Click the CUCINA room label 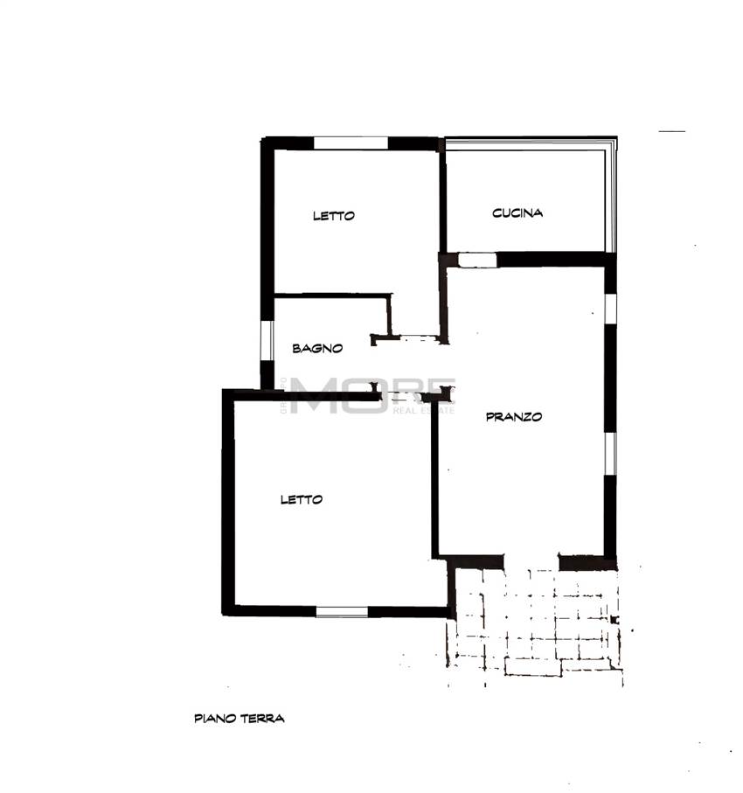tap(517, 212)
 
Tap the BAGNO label tap(317, 348)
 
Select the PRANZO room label tap(514, 417)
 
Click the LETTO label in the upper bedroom tap(334, 216)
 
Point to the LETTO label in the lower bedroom tap(302, 499)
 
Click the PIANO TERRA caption tap(240, 719)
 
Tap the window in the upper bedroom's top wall tap(351, 143)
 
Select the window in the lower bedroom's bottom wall tap(342, 612)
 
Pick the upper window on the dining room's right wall tap(610, 317)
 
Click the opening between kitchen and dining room tap(476, 260)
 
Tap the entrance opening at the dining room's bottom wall tap(531, 561)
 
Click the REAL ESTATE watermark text tap(424, 410)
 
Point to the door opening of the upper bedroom tap(417, 337)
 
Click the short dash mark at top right tap(671, 132)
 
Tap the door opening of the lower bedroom tap(401, 396)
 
